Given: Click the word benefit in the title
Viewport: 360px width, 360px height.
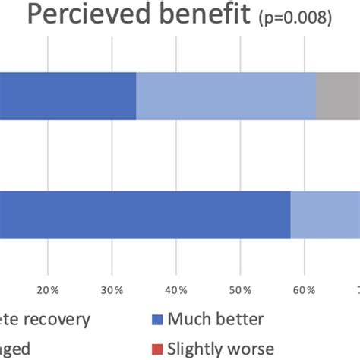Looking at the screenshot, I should pos(201,15).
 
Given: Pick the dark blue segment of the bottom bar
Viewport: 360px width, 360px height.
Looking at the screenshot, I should pos(145,215).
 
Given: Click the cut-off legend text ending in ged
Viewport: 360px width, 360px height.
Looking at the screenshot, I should pos(15,349).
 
